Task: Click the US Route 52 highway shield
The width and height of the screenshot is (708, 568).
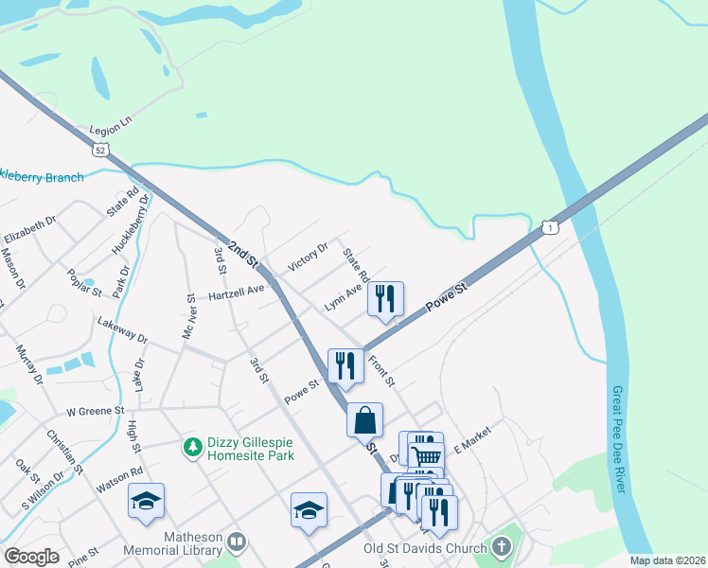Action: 101,149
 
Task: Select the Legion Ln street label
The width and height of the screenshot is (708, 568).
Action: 110,130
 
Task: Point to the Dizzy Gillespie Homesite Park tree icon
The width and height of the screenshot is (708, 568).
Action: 192,445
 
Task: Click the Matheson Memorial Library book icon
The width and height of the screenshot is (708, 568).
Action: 237,542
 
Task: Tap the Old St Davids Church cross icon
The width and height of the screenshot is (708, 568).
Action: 501,546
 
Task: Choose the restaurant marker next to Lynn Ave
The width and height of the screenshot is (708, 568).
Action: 386,298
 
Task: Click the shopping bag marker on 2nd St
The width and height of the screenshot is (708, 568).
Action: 364,418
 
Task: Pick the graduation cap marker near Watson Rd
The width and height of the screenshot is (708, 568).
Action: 147,501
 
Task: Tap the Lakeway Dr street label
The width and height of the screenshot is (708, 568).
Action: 123,330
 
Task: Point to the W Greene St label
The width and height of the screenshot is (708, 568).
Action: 96,411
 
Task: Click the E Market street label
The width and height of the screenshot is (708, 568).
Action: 473,437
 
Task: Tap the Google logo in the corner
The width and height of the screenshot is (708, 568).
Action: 31,556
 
